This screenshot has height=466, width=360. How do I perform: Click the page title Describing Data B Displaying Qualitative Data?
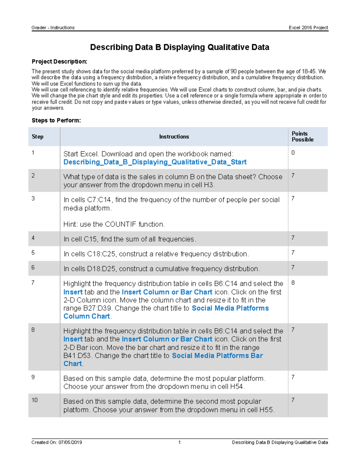[179, 47]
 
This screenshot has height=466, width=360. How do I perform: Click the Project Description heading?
[59, 62]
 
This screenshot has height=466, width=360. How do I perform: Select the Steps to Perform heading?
[56, 120]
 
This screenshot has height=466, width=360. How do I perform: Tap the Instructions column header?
[174, 137]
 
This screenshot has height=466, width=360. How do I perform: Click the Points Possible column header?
[302, 137]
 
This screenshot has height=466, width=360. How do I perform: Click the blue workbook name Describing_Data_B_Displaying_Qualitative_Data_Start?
[155, 162]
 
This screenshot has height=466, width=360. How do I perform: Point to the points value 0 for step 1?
[293, 153]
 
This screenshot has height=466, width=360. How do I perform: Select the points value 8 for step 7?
[293, 283]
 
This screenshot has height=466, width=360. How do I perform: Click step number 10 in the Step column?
[34, 400]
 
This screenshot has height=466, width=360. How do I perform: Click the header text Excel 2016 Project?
[308, 28]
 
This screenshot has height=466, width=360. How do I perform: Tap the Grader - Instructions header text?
[53, 28]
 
